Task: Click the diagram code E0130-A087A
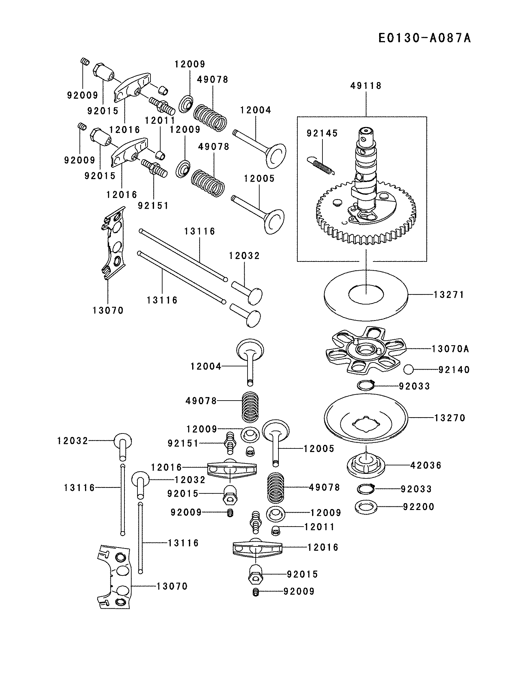pyautogui.click(x=424, y=38)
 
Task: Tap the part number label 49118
pyautogui.click(x=366, y=86)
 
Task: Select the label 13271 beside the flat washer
pyautogui.click(x=448, y=294)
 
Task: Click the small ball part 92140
pyautogui.click(x=408, y=370)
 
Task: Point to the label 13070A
pyautogui.click(x=450, y=349)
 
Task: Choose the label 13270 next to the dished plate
pyautogui.click(x=450, y=418)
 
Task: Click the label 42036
pyautogui.click(x=426, y=465)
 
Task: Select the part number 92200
pyautogui.click(x=419, y=507)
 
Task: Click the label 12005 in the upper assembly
pyautogui.click(x=259, y=178)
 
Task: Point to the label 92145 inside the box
pyautogui.click(x=322, y=133)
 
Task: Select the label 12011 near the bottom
pyautogui.click(x=319, y=527)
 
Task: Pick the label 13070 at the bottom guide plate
pyautogui.click(x=172, y=586)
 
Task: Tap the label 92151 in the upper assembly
pyautogui.click(x=153, y=205)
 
